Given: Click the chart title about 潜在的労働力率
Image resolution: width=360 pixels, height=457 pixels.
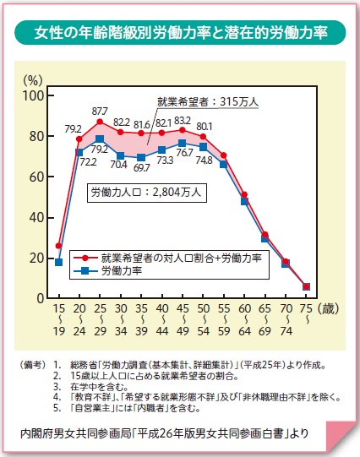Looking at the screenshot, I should pyautogui.click(x=180, y=34).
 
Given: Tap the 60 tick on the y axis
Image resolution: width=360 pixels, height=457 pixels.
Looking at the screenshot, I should pyautogui.click(x=35, y=177).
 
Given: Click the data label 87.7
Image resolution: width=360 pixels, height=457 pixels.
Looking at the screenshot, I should pyautogui.click(x=100, y=111).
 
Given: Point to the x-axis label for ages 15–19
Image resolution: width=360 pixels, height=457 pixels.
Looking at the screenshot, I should pyautogui.click(x=58, y=322).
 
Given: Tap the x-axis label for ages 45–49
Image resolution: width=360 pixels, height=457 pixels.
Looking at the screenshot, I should pyautogui.click(x=182, y=322).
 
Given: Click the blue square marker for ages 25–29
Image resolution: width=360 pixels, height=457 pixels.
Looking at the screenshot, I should pyautogui.click(x=100, y=139).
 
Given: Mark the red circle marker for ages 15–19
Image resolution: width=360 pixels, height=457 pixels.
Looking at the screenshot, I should pyautogui.click(x=58, y=246).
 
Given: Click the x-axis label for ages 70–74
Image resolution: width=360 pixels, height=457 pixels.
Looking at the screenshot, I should pyautogui.click(x=285, y=322).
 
